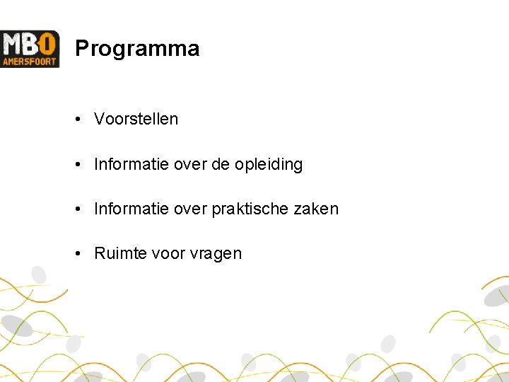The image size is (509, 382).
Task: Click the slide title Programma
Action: [137, 49]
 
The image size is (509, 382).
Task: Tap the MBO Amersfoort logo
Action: [30, 49]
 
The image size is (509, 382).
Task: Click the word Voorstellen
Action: [136, 119]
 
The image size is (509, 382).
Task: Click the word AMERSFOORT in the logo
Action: [30, 62]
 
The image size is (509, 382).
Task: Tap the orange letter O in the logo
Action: [49, 44]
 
